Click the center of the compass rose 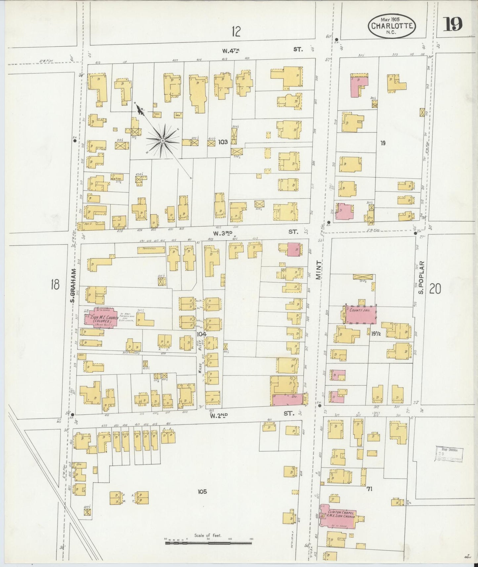(x=163, y=141)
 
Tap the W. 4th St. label (x=230, y=50)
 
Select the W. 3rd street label (x=222, y=233)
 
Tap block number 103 (x=223, y=142)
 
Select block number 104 (x=201, y=334)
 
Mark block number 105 (x=202, y=492)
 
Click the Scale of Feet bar (x=208, y=543)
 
